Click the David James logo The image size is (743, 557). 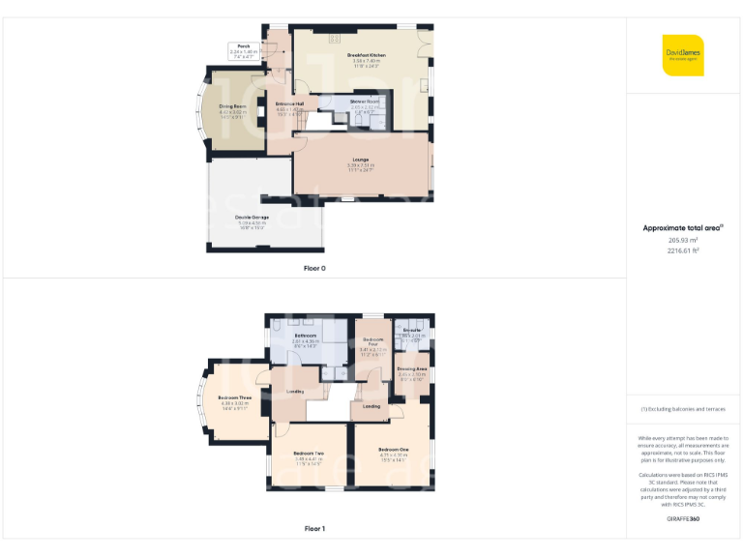(x=683, y=54)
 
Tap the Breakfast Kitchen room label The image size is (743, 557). (x=366, y=56)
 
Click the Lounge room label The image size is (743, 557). (x=359, y=160)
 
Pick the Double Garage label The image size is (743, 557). (x=252, y=218)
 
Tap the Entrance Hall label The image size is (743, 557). (x=289, y=103)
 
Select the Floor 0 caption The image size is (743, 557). (x=314, y=267)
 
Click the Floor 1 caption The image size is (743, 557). (x=314, y=529)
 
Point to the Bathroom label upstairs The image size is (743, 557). (x=306, y=336)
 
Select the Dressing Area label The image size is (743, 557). (x=412, y=369)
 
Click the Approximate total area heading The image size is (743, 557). (x=683, y=228)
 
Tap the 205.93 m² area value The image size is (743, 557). (x=683, y=240)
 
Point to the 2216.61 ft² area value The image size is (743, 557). (x=683, y=250)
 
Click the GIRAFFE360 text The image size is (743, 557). (x=683, y=519)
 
